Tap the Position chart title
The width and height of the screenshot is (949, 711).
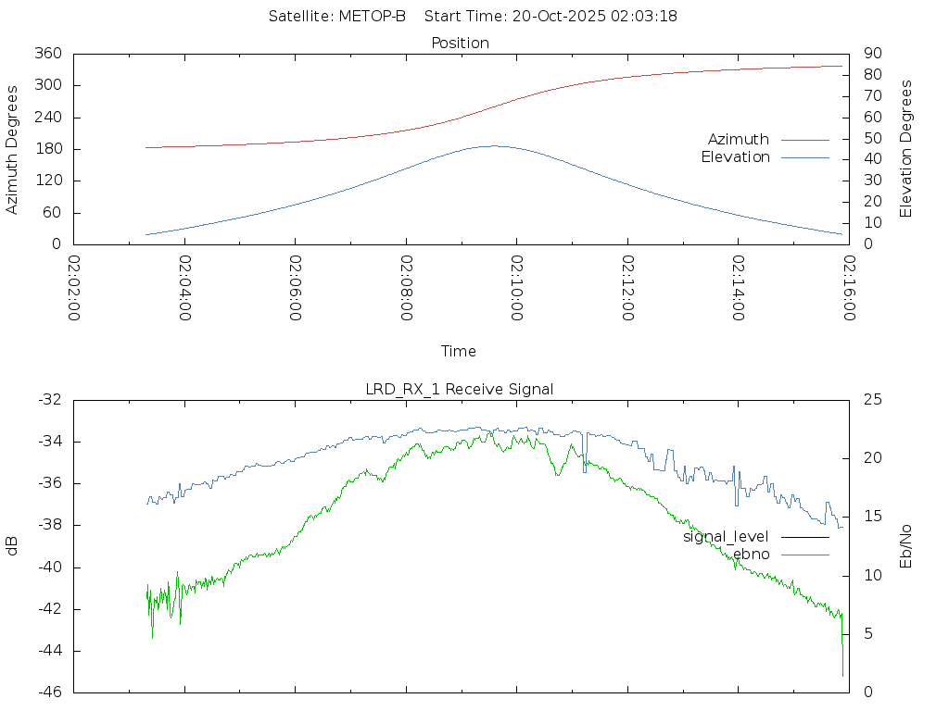(x=461, y=43)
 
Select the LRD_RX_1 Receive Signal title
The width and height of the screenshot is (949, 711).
(x=460, y=389)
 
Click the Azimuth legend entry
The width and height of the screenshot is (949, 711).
(x=739, y=139)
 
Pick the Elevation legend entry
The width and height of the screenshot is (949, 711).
(x=735, y=157)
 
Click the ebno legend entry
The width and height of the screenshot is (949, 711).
(x=751, y=554)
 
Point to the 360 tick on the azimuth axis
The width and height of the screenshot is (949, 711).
(x=49, y=54)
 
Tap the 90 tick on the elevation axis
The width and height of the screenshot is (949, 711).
(x=871, y=54)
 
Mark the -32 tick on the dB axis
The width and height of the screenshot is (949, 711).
(x=49, y=400)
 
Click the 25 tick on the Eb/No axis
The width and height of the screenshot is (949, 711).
(x=871, y=400)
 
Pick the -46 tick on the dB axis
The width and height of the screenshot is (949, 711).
(x=49, y=692)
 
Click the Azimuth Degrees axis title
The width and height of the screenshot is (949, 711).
(x=12, y=149)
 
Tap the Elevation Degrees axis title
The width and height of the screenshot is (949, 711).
(x=906, y=149)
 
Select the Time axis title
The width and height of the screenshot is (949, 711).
(x=459, y=351)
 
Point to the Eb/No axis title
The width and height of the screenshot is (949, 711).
(x=906, y=546)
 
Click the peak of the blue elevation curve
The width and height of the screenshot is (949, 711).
(x=492, y=145)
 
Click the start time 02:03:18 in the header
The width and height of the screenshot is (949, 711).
(x=644, y=17)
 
